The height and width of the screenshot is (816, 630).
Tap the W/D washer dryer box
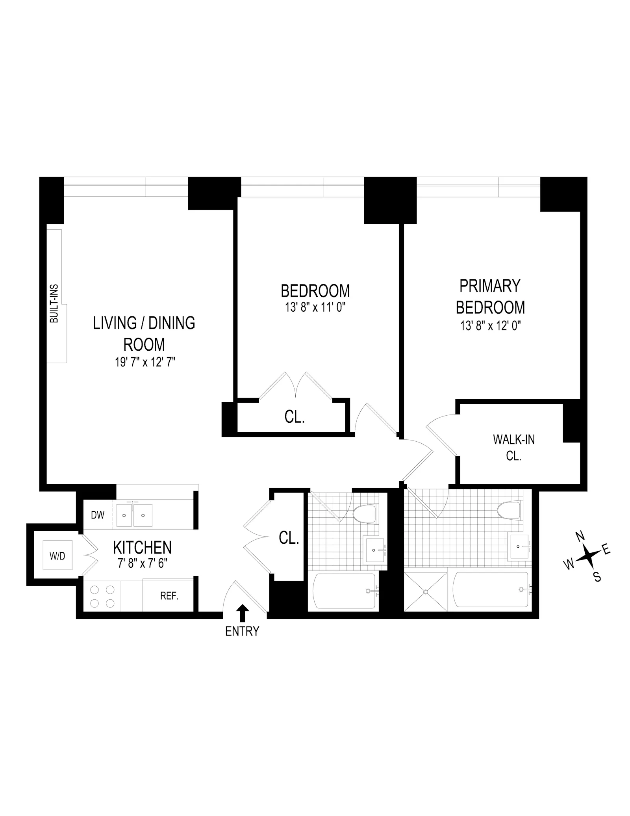point(57,556)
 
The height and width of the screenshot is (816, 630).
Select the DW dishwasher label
point(98,515)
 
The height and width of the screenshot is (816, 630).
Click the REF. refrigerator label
point(169,596)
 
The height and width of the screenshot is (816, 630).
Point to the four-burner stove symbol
point(102,596)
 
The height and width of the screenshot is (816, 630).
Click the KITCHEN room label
point(142,547)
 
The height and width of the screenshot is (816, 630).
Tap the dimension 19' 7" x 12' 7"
point(145,362)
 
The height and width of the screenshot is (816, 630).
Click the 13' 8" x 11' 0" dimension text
point(315,307)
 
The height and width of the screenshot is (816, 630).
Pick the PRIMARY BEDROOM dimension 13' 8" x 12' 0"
point(490,326)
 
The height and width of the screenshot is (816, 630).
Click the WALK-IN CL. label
point(513,447)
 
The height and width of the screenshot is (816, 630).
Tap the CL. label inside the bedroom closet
point(295,417)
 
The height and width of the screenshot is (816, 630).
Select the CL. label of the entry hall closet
point(289,538)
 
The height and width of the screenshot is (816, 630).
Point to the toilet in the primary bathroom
point(510,511)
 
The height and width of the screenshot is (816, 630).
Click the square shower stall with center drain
point(426,591)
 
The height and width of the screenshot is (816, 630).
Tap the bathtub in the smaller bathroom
point(344,591)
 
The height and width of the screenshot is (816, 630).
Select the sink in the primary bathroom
point(519,546)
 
